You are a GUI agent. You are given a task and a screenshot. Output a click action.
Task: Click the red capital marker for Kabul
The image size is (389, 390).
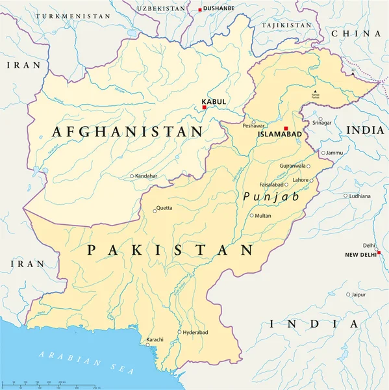pyautogui.click(x=204, y=107)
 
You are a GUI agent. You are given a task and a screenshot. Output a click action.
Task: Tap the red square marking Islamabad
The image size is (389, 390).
pyautogui.click(x=286, y=129)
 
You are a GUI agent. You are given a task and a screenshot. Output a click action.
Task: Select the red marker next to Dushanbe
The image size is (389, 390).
pyautogui.click(x=200, y=9)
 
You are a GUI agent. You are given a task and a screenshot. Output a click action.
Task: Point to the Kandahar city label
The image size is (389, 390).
pyautogui.click(x=146, y=176)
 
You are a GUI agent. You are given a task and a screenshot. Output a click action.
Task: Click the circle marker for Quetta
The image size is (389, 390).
pyautogui.click(x=155, y=209)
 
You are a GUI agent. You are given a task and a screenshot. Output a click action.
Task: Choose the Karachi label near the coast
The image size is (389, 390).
pyautogui.click(x=154, y=340)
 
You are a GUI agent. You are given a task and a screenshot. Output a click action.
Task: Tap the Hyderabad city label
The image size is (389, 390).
pyautogui.click(x=195, y=332)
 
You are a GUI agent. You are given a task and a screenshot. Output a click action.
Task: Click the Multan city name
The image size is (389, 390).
pyautogui.click(x=263, y=216)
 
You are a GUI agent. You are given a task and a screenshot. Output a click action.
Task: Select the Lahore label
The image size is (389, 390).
pyautogui.click(x=301, y=180)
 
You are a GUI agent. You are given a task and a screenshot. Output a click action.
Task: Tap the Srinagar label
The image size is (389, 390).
pyautogui.click(x=321, y=122)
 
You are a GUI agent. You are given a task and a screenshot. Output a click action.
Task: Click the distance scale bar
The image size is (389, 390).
pyautogui.click(x=45, y=384)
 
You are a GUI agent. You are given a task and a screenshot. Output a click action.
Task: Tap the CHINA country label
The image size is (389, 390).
pyautogui.click(x=355, y=33)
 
